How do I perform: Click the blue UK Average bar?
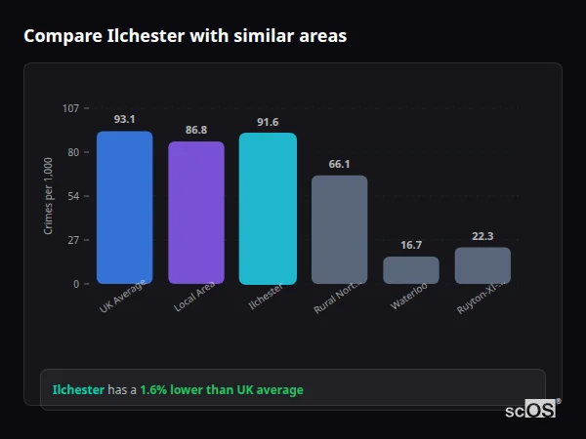pos(124,207)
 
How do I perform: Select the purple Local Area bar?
pos(196,213)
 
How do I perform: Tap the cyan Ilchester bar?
pos(268,208)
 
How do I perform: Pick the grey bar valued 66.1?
pos(339,229)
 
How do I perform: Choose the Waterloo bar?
pos(411,270)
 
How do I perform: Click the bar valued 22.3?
pos(482,265)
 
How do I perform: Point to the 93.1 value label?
pos(124,119)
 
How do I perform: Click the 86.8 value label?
pos(196,130)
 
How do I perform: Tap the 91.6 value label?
pos(268,122)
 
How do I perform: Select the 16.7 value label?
pos(411,245)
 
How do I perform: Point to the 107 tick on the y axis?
pos(70,108)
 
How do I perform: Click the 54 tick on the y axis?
pos(73,196)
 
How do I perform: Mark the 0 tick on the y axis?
pos(76,284)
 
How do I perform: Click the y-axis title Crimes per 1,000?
pos(49,196)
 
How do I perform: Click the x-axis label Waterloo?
pos(409,297)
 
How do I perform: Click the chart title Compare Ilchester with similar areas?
pos(185,36)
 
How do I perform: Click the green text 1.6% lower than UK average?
pos(221,390)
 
